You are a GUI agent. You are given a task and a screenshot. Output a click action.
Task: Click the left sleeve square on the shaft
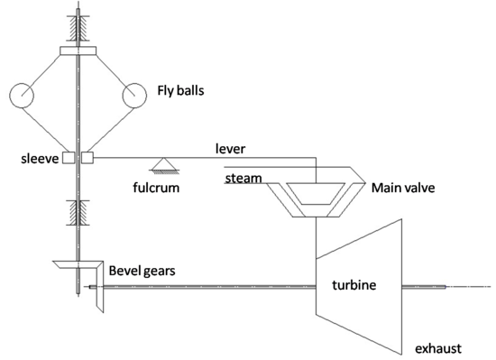[68, 159]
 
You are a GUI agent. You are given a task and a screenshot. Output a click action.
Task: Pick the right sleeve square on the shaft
[87, 159]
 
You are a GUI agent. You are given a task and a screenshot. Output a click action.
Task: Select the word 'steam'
[243, 178]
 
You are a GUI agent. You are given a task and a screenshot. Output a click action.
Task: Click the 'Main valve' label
[404, 189]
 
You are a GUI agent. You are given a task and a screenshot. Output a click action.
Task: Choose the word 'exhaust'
[438, 347]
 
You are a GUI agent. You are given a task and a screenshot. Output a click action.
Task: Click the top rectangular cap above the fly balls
[78, 50]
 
